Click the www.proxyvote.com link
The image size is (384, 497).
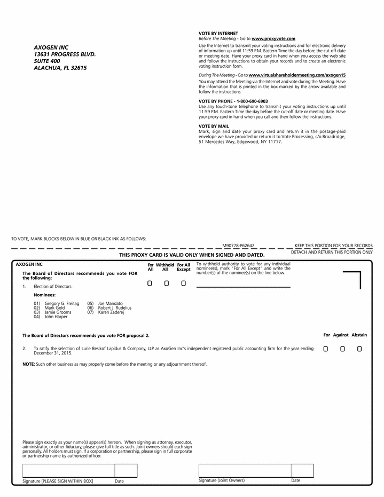pos(273,39)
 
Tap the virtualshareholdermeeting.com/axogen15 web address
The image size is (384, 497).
pos(297,75)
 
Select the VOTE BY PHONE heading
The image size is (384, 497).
pos(233,101)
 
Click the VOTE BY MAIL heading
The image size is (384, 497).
pos(214,126)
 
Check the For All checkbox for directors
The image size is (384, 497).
pos(150,283)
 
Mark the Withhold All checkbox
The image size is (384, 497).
pos(167,283)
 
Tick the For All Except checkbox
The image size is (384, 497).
pos(184,283)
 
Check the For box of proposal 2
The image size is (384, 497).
pos(325,349)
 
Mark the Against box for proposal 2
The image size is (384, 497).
pos(342,349)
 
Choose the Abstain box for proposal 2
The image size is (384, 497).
pos(359,349)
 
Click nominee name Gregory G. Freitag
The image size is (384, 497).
pos(62,303)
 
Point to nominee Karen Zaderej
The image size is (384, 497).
pos(111,312)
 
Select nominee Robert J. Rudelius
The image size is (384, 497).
pos(115,308)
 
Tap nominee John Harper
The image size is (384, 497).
pos(56,317)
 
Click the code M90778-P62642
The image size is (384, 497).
pos(238,246)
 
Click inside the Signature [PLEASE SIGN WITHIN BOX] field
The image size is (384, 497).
pos(68,470)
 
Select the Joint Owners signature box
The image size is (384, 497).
pos(245,470)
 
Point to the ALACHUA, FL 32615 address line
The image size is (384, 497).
pos(60,68)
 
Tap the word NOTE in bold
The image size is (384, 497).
pos(28,364)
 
